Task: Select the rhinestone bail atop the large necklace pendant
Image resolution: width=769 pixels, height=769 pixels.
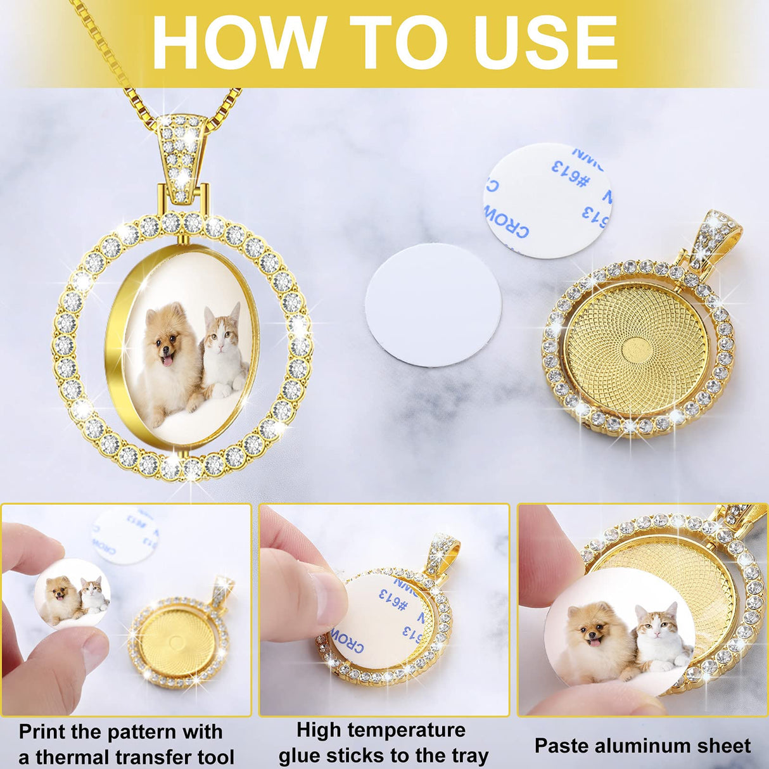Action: pos(182,152)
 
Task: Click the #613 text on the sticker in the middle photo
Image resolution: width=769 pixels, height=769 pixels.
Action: pos(393,599)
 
